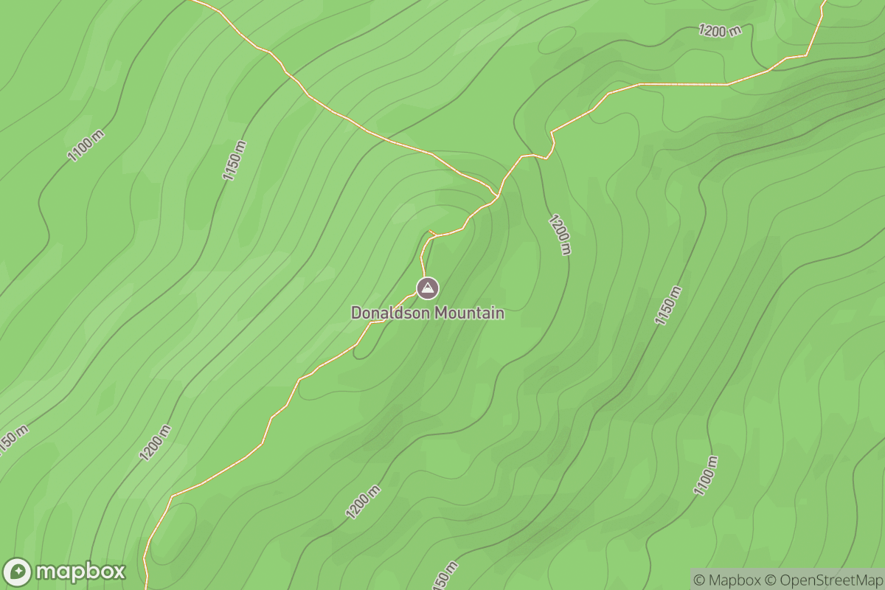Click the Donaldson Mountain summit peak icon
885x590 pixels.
[x=427, y=288]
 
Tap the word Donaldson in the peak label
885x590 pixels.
[x=390, y=313]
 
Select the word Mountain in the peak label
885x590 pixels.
[x=469, y=313]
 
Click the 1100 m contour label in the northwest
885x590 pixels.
[x=86, y=144]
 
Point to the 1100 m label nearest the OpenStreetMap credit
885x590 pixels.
[x=706, y=476]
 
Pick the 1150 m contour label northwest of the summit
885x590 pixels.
[x=234, y=160]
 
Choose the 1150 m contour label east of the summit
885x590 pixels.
[x=668, y=305]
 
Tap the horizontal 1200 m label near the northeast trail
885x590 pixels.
[x=720, y=30]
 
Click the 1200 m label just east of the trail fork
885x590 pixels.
[x=560, y=234]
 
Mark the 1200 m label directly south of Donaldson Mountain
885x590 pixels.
[x=364, y=502]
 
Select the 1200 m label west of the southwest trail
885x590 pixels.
[x=155, y=442]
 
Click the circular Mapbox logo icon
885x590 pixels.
[x=18, y=572]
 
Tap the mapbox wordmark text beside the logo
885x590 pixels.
[x=80, y=572]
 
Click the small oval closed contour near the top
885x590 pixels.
[x=557, y=40]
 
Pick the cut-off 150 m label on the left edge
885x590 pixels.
[x=13, y=437]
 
